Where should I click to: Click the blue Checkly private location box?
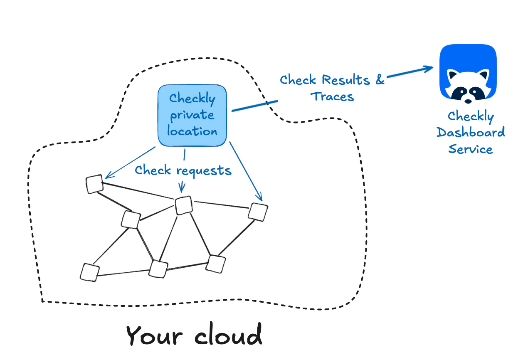pyautogui.click(x=192, y=116)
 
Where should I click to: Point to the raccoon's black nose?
pyautogui.click(x=468, y=101)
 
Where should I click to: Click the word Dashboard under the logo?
pyautogui.click(x=471, y=133)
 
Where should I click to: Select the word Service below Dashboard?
pyautogui.click(x=471, y=149)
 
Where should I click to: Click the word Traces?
pyautogui.click(x=333, y=97)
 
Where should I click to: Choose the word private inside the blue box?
pyautogui.click(x=192, y=115)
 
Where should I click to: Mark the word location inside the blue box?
pyautogui.click(x=192, y=131)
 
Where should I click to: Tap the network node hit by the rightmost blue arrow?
pyautogui.click(x=258, y=212)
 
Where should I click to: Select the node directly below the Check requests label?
pyautogui.click(x=183, y=205)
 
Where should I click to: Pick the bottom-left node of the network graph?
pyautogui.click(x=90, y=272)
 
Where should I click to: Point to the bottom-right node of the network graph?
pyautogui.click(x=216, y=264)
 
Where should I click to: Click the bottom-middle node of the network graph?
pyautogui.click(x=158, y=269)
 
